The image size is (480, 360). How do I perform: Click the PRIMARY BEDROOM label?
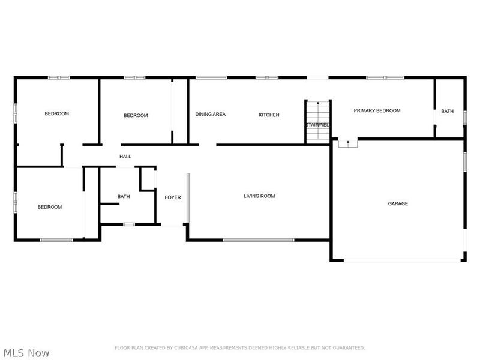pos(377,110)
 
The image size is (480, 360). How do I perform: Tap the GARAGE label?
pos(398,203)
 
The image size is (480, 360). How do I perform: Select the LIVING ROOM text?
pos(259,196)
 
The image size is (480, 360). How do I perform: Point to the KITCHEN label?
pos(269,115)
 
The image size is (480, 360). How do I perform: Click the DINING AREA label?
pos(211,114)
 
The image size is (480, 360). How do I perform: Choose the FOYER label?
pos(173,197)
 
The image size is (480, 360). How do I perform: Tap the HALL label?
pos(125,157)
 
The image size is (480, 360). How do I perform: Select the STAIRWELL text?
pos(317,125)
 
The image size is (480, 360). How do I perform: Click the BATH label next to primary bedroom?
pos(448,111)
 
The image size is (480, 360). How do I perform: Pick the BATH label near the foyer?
pos(124,196)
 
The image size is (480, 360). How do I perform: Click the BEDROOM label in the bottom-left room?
pos(50,207)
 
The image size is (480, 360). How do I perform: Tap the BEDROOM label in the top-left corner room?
pos(57,113)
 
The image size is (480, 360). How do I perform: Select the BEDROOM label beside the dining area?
pos(136,115)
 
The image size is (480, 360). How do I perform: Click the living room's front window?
pos(259,240)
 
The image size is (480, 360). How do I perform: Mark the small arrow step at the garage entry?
pos(347,143)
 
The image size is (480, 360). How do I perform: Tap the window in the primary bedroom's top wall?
pos(385,77)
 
